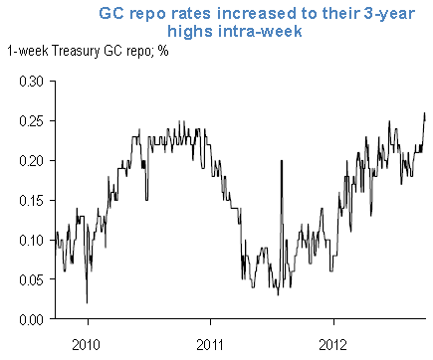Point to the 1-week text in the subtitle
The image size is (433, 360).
(28, 51)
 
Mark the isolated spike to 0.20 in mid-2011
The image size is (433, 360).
(282, 162)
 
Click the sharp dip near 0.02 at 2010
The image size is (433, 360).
(87, 301)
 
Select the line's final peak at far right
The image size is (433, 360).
(425, 114)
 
